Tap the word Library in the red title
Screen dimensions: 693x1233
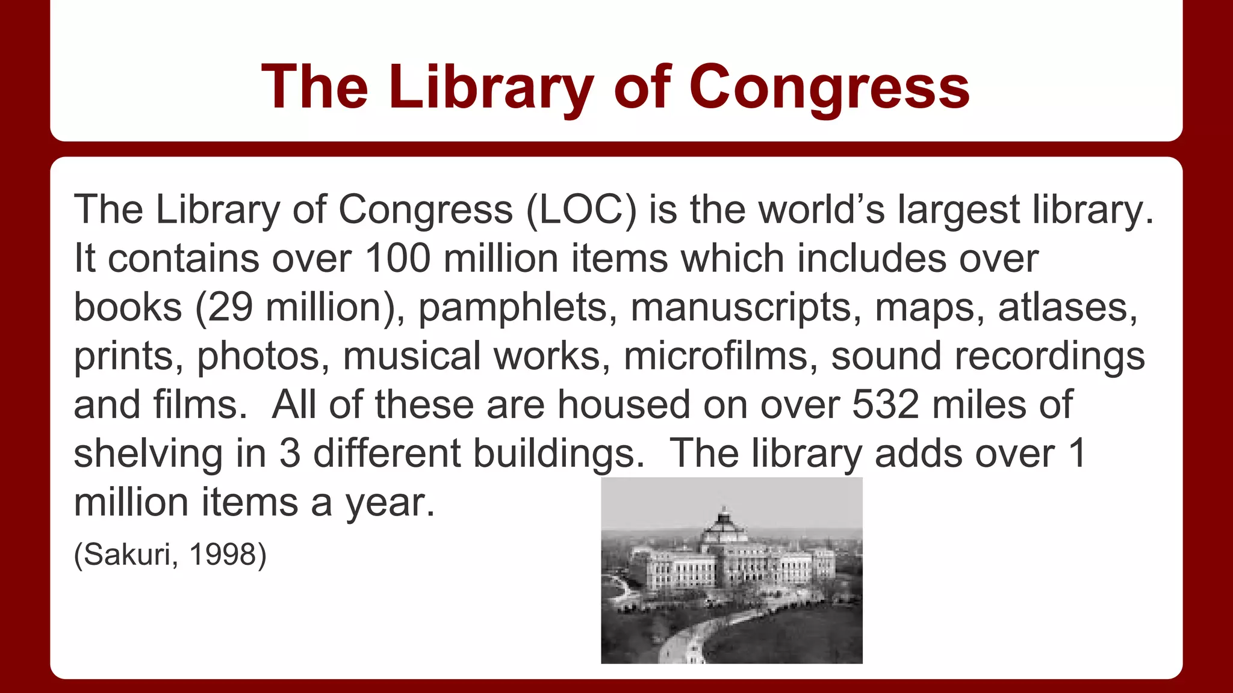pos(491,88)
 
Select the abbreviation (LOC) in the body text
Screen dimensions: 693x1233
pos(581,210)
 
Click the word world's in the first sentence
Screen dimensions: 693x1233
pos(821,210)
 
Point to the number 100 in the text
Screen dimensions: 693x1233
pos(398,259)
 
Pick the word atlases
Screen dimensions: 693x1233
pos(1067,307)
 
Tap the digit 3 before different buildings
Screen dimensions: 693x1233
pos(290,454)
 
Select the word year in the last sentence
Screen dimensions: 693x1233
pos(389,503)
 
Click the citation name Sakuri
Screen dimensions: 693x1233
pos(126,554)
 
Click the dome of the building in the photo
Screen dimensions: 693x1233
pos(725,529)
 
